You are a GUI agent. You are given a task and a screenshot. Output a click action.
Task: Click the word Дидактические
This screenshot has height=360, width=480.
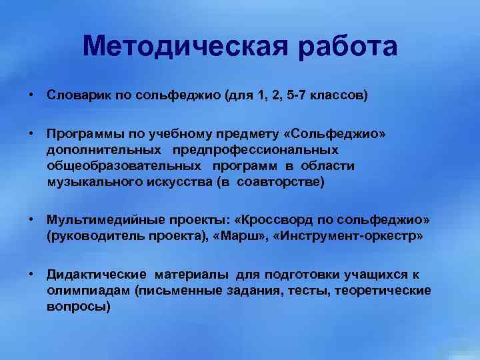pos(96,275)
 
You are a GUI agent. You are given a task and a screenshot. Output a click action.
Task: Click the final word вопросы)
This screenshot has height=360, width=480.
pos(79,307)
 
